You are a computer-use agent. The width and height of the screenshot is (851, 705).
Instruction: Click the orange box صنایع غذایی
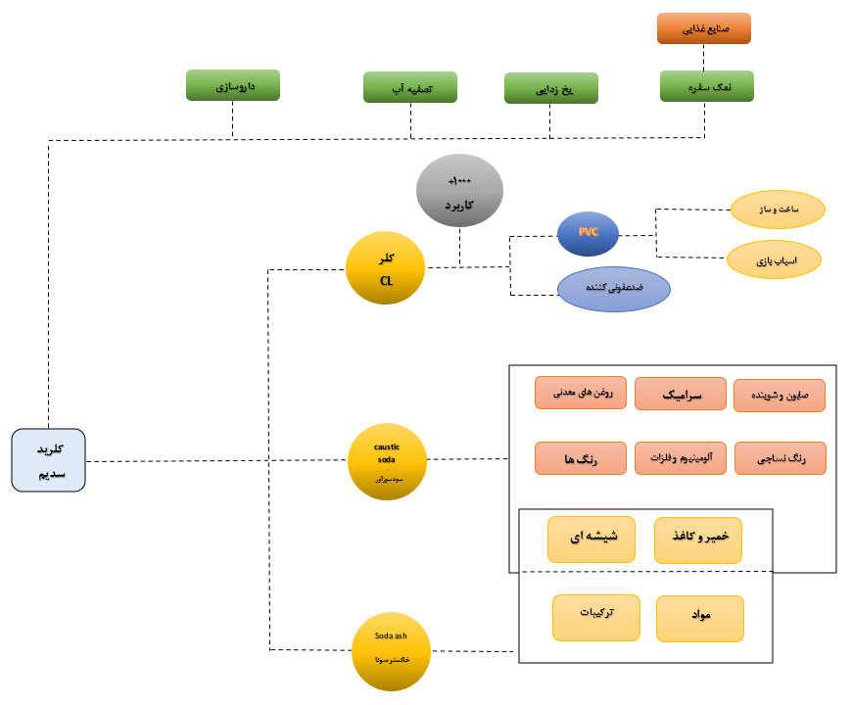click(703, 28)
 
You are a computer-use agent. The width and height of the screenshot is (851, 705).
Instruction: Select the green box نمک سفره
click(706, 86)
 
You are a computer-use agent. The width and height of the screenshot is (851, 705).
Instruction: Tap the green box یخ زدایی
click(550, 88)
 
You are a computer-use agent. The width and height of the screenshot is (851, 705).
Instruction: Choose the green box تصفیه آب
click(410, 86)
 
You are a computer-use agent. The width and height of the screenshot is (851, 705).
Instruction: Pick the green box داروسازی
click(232, 85)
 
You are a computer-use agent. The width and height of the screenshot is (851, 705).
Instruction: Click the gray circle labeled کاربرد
click(459, 192)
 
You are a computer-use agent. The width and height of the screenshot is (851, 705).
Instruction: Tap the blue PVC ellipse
click(589, 233)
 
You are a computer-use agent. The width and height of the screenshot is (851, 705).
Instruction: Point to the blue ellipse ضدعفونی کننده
click(614, 290)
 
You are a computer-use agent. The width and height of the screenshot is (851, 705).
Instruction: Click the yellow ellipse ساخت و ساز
click(778, 208)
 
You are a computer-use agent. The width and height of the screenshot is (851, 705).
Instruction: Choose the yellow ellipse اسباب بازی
click(774, 260)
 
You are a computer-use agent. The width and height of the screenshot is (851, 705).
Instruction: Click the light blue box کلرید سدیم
click(49, 460)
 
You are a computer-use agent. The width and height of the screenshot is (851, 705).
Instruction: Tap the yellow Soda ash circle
click(391, 649)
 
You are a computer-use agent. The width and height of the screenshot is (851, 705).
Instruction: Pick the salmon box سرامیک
click(680, 394)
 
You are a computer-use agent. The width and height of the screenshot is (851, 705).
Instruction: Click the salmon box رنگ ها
click(580, 458)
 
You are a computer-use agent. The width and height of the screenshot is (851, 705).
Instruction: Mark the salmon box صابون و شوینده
click(779, 396)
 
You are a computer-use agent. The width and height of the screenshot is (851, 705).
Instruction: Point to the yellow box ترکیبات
click(595, 618)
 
